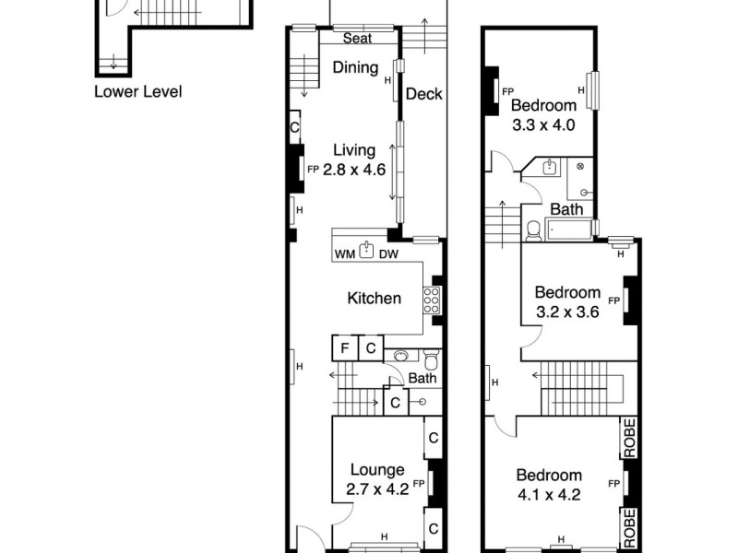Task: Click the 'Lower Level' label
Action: pyautogui.click(x=138, y=91)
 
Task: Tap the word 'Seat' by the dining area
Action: pyautogui.click(x=357, y=39)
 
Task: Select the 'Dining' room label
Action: pyautogui.click(x=356, y=67)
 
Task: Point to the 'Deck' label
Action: pyautogui.click(x=424, y=94)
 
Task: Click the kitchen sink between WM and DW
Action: pyautogui.click(x=366, y=250)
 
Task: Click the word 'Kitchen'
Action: pyautogui.click(x=374, y=298)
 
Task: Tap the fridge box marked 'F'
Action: pyautogui.click(x=344, y=348)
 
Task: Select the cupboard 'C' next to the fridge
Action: pyautogui.click(x=369, y=348)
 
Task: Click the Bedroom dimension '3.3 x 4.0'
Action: pyautogui.click(x=544, y=124)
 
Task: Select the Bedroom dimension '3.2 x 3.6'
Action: pyautogui.click(x=568, y=312)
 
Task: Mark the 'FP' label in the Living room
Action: pyautogui.click(x=313, y=170)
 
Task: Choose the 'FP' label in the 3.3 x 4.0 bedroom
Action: pyautogui.click(x=507, y=91)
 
